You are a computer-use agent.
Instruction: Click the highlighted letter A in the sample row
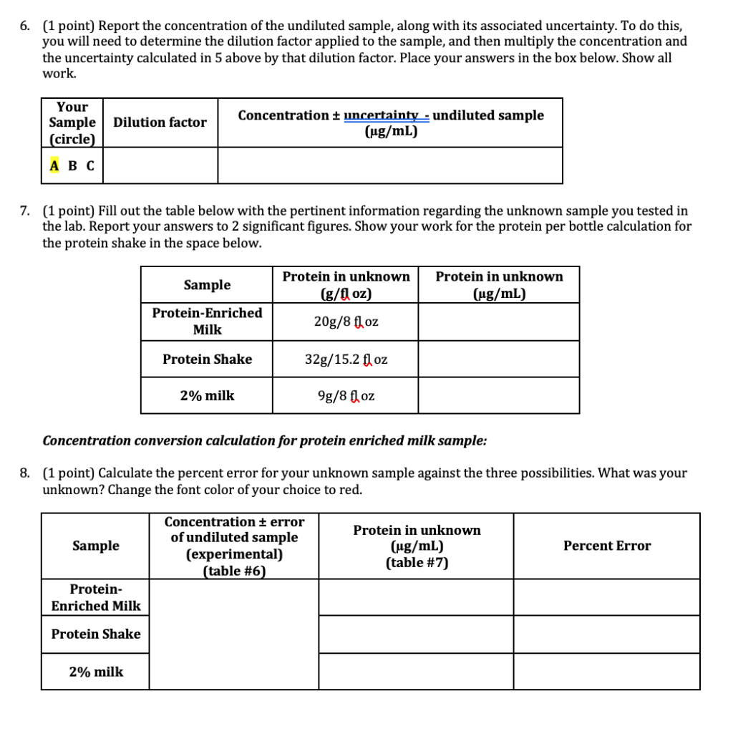pos(55,165)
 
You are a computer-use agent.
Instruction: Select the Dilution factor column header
pos(160,122)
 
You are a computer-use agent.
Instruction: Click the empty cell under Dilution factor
pos(160,165)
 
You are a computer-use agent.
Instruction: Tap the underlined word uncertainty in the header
pos(380,115)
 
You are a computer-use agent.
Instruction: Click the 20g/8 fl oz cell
pos(346,322)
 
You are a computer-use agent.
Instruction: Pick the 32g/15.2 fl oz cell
pos(346,359)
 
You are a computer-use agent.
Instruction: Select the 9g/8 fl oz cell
pos(346,395)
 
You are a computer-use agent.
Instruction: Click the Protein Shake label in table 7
pos(207,359)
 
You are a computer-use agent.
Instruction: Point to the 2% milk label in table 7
pos(207,395)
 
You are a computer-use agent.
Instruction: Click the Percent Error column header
pos(606,546)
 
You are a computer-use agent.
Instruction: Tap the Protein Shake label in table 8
pos(96,634)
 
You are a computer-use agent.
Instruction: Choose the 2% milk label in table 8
pos(96,672)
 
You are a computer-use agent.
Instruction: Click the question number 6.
pos(24,26)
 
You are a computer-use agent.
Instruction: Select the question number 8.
pos(24,473)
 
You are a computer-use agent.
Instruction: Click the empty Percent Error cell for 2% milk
pos(606,672)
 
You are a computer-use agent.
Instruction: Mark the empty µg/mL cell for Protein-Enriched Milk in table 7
pos(498,322)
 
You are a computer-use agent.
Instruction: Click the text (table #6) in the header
pos(234,571)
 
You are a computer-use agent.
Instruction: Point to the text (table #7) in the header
pos(417,562)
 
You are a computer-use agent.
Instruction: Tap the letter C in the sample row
pos(89,165)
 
